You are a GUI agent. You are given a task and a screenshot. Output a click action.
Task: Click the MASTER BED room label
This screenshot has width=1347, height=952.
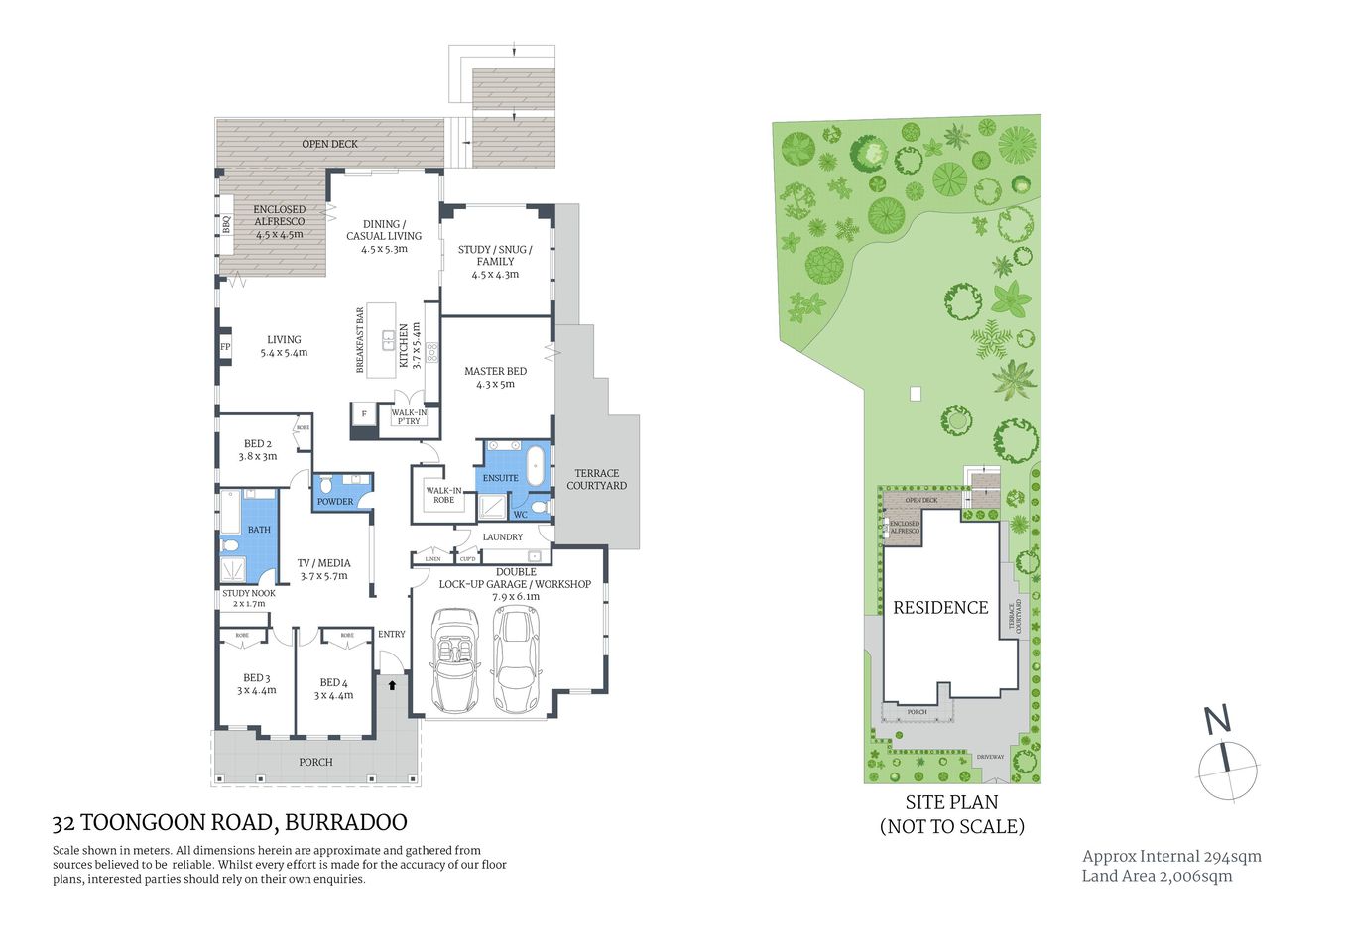(495, 377)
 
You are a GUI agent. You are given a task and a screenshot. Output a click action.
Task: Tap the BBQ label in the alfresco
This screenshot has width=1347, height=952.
(226, 224)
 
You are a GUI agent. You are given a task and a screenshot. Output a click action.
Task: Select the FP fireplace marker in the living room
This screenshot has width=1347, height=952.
(225, 347)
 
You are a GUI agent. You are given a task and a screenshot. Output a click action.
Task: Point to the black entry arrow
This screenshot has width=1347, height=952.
(392, 684)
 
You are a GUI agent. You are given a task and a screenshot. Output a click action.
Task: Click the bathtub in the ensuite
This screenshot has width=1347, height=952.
(536, 466)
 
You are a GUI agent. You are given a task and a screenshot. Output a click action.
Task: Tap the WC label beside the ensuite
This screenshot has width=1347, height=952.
(520, 515)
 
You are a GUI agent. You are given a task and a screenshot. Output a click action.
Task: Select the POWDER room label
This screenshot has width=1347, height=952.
(335, 501)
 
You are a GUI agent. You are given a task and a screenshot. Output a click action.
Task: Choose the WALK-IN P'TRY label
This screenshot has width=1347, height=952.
(409, 416)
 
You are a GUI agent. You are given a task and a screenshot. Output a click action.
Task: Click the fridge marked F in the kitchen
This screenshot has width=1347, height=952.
(364, 414)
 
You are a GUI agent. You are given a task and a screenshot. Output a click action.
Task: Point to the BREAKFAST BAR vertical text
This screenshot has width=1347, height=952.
(360, 340)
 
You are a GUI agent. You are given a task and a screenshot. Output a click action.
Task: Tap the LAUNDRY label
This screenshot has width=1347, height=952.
(502, 537)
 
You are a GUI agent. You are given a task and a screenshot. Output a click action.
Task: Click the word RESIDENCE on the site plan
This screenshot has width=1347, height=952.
(940, 608)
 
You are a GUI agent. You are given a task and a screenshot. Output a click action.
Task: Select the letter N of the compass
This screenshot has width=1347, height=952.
(1217, 719)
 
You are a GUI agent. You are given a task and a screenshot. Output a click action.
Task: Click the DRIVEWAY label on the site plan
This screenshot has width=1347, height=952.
(990, 757)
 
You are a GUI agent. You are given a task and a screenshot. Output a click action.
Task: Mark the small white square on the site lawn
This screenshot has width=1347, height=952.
(916, 394)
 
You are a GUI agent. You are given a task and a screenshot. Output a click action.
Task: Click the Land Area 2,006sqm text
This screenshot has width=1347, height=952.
(1157, 876)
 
